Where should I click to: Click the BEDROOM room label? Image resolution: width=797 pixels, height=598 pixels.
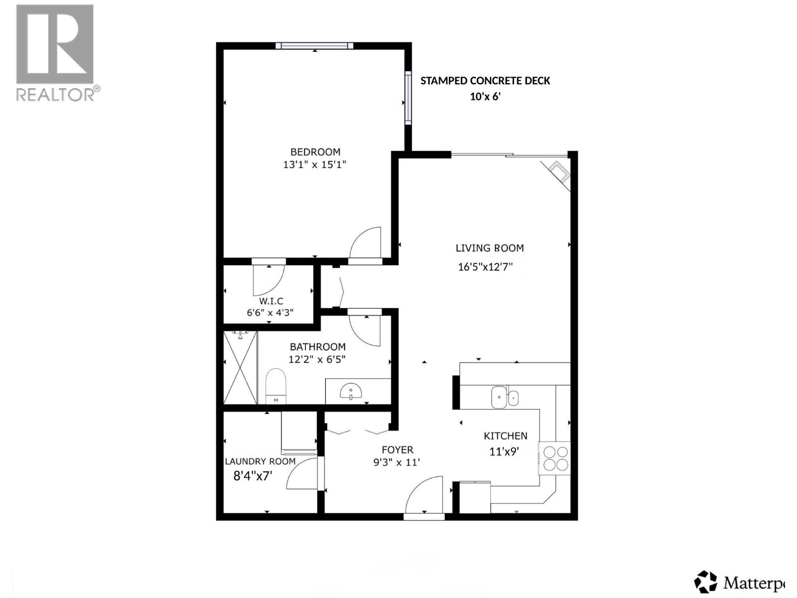point(315,152)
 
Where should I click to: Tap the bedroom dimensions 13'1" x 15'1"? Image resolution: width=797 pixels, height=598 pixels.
point(314,164)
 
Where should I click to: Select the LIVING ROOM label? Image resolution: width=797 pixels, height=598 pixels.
point(490,248)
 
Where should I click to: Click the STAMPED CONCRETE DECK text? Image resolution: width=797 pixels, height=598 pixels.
point(485,81)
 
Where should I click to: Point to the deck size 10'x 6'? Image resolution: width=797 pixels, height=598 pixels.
point(485,97)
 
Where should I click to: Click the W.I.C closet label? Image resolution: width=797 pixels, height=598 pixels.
point(271,301)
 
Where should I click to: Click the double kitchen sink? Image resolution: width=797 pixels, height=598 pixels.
point(505,397)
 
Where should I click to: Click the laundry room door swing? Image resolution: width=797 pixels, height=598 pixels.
point(302,474)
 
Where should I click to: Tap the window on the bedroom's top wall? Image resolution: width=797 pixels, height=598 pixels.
point(314,46)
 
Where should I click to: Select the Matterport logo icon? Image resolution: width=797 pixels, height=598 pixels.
point(706,582)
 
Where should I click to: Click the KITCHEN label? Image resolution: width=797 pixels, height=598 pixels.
point(505,436)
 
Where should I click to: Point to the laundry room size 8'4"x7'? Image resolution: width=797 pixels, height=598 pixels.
point(253,476)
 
